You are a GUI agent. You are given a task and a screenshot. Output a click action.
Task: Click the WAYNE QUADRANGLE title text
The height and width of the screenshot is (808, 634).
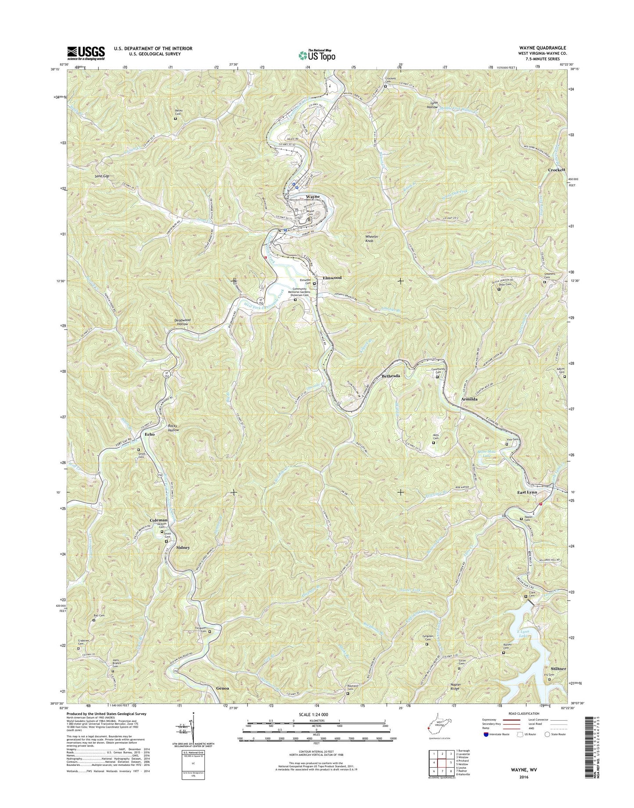point(542,48)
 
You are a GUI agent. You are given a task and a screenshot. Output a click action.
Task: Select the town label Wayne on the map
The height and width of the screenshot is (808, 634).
point(313,197)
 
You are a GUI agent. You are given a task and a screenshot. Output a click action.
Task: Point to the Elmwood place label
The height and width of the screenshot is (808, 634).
point(332,278)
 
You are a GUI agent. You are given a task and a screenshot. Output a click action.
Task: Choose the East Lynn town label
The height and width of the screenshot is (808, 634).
point(527,493)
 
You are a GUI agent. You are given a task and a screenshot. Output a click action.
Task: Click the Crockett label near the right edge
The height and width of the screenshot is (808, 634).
point(556,170)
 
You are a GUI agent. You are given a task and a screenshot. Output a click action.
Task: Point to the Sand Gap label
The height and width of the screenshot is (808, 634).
point(102,176)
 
